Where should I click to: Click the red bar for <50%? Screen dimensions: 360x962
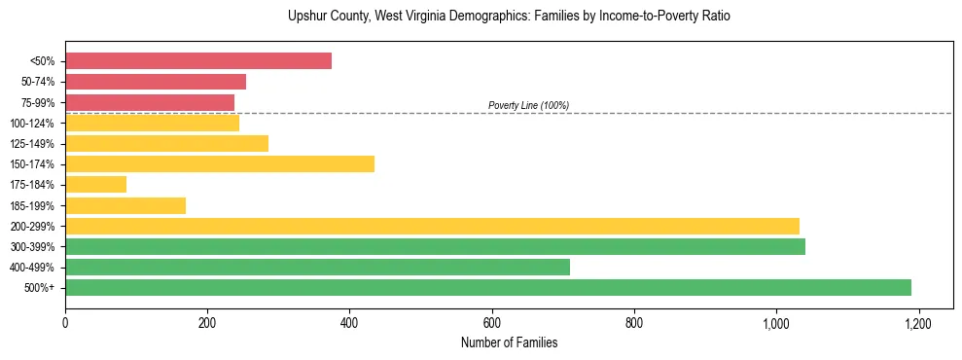tap(198, 61)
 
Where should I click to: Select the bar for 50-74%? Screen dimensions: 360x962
tap(156, 82)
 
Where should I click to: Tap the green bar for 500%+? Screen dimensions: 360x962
tap(488, 287)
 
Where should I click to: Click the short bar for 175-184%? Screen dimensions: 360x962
tap(95, 184)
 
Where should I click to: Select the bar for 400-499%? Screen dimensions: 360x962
tap(317, 267)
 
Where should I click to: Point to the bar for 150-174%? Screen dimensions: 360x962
tap(220, 163)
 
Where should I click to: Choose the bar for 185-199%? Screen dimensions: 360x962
tap(125, 205)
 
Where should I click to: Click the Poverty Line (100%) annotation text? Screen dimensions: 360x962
tap(528, 105)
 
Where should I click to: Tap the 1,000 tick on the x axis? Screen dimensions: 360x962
tap(776, 323)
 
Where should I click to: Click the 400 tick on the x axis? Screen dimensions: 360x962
tap(349, 323)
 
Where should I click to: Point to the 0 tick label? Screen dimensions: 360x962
tap(65, 323)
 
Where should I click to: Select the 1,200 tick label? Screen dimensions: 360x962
tap(918, 323)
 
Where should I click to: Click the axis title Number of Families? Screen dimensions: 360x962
tap(509, 343)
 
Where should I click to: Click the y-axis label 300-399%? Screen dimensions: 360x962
tap(32, 247)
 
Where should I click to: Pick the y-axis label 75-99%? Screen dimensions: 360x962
tap(35, 102)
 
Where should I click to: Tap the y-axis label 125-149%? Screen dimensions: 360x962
tap(32, 144)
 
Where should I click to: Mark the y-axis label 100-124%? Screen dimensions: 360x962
tap(32, 124)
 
